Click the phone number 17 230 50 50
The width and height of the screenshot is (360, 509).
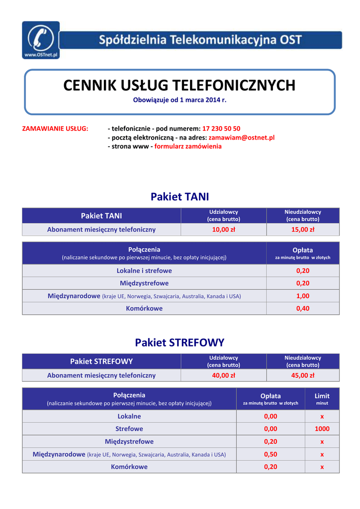[x=221, y=128]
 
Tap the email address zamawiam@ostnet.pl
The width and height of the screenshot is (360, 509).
[x=242, y=137]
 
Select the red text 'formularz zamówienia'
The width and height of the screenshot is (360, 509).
[x=188, y=146]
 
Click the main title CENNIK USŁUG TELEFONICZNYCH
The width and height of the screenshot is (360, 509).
[x=180, y=85]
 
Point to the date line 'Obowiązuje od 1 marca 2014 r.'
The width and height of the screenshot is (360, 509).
[x=180, y=100]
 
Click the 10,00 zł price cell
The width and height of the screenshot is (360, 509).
[x=224, y=230]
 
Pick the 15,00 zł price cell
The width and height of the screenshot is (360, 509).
[x=303, y=230]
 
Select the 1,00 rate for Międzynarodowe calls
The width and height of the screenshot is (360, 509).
[x=303, y=296]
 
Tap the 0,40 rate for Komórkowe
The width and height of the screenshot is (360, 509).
[x=303, y=308]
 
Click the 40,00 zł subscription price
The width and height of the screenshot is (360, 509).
[x=224, y=375]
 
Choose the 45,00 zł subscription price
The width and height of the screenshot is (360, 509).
[x=303, y=375]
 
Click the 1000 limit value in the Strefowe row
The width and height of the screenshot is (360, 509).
[x=322, y=428]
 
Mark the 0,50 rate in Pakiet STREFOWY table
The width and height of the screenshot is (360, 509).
[x=270, y=454]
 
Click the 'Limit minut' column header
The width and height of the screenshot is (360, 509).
[x=322, y=399]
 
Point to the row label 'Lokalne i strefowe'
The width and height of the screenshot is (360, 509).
[x=144, y=270]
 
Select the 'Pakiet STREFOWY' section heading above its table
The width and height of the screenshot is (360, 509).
[x=180, y=342]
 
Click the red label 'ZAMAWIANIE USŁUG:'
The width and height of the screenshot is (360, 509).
[x=55, y=128]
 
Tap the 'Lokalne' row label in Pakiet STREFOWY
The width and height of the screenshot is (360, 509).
[x=129, y=416]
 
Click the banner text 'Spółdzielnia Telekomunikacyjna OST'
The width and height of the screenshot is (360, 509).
[x=200, y=40]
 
